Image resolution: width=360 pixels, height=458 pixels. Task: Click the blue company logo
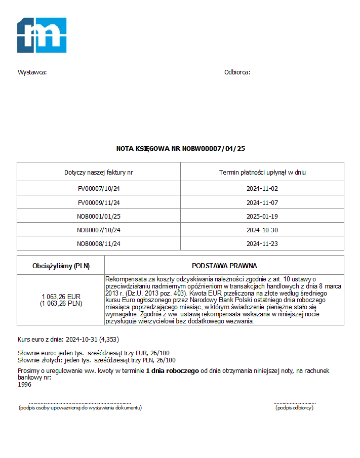(x=42, y=35)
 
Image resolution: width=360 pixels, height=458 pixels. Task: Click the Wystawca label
(x=32, y=72)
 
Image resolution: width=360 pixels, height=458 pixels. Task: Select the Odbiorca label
(x=237, y=72)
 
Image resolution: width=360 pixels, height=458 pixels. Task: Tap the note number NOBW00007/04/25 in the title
(x=213, y=149)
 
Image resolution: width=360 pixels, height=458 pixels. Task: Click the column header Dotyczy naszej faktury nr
(x=99, y=173)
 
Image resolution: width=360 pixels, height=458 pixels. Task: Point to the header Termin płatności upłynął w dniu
(x=262, y=173)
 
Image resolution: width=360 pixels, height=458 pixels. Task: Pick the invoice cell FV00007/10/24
(x=99, y=189)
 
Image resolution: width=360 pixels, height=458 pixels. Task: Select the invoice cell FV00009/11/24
(x=99, y=202)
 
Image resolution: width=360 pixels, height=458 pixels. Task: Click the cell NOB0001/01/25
(x=99, y=216)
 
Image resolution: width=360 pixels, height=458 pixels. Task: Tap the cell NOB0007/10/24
(x=99, y=230)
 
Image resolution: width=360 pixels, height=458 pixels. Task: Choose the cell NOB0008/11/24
(x=99, y=243)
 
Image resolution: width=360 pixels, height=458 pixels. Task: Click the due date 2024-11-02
(x=262, y=189)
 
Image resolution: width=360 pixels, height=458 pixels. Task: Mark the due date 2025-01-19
(x=262, y=216)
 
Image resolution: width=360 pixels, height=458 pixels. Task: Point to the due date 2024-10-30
(x=262, y=230)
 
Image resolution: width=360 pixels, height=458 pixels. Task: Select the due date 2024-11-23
(x=262, y=243)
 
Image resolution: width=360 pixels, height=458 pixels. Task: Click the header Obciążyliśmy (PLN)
(x=61, y=266)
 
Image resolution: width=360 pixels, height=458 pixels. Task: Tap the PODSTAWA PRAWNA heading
(x=224, y=266)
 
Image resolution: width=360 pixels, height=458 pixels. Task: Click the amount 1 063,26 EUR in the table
(x=61, y=297)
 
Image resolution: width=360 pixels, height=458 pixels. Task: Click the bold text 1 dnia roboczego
(x=172, y=371)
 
